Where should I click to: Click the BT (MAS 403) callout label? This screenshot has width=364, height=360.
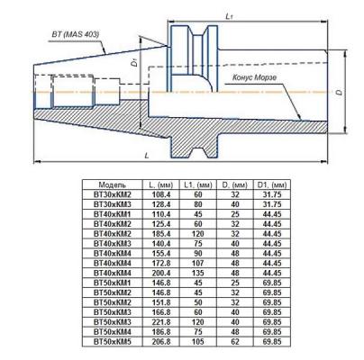pyautogui.click(x=76, y=34)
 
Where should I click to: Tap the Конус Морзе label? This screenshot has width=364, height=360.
pyautogui.click(x=254, y=77)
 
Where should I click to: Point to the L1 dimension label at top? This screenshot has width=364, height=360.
pyautogui.click(x=229, y=16)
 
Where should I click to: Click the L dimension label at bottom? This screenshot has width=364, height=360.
pyautogui.click(x=147, y=156)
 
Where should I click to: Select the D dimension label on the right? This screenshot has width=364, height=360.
pyautogui.click(x=340, y=92)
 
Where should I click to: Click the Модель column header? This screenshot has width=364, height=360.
pyautogui.click(x=112, y=184)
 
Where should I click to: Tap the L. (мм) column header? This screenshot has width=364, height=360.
pyautogui.click(x=161, y=184)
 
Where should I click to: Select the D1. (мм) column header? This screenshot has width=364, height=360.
pyautogui.click(x=272, y=184)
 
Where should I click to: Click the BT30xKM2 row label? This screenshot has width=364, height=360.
pyautogui.click(x=113, y=194)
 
